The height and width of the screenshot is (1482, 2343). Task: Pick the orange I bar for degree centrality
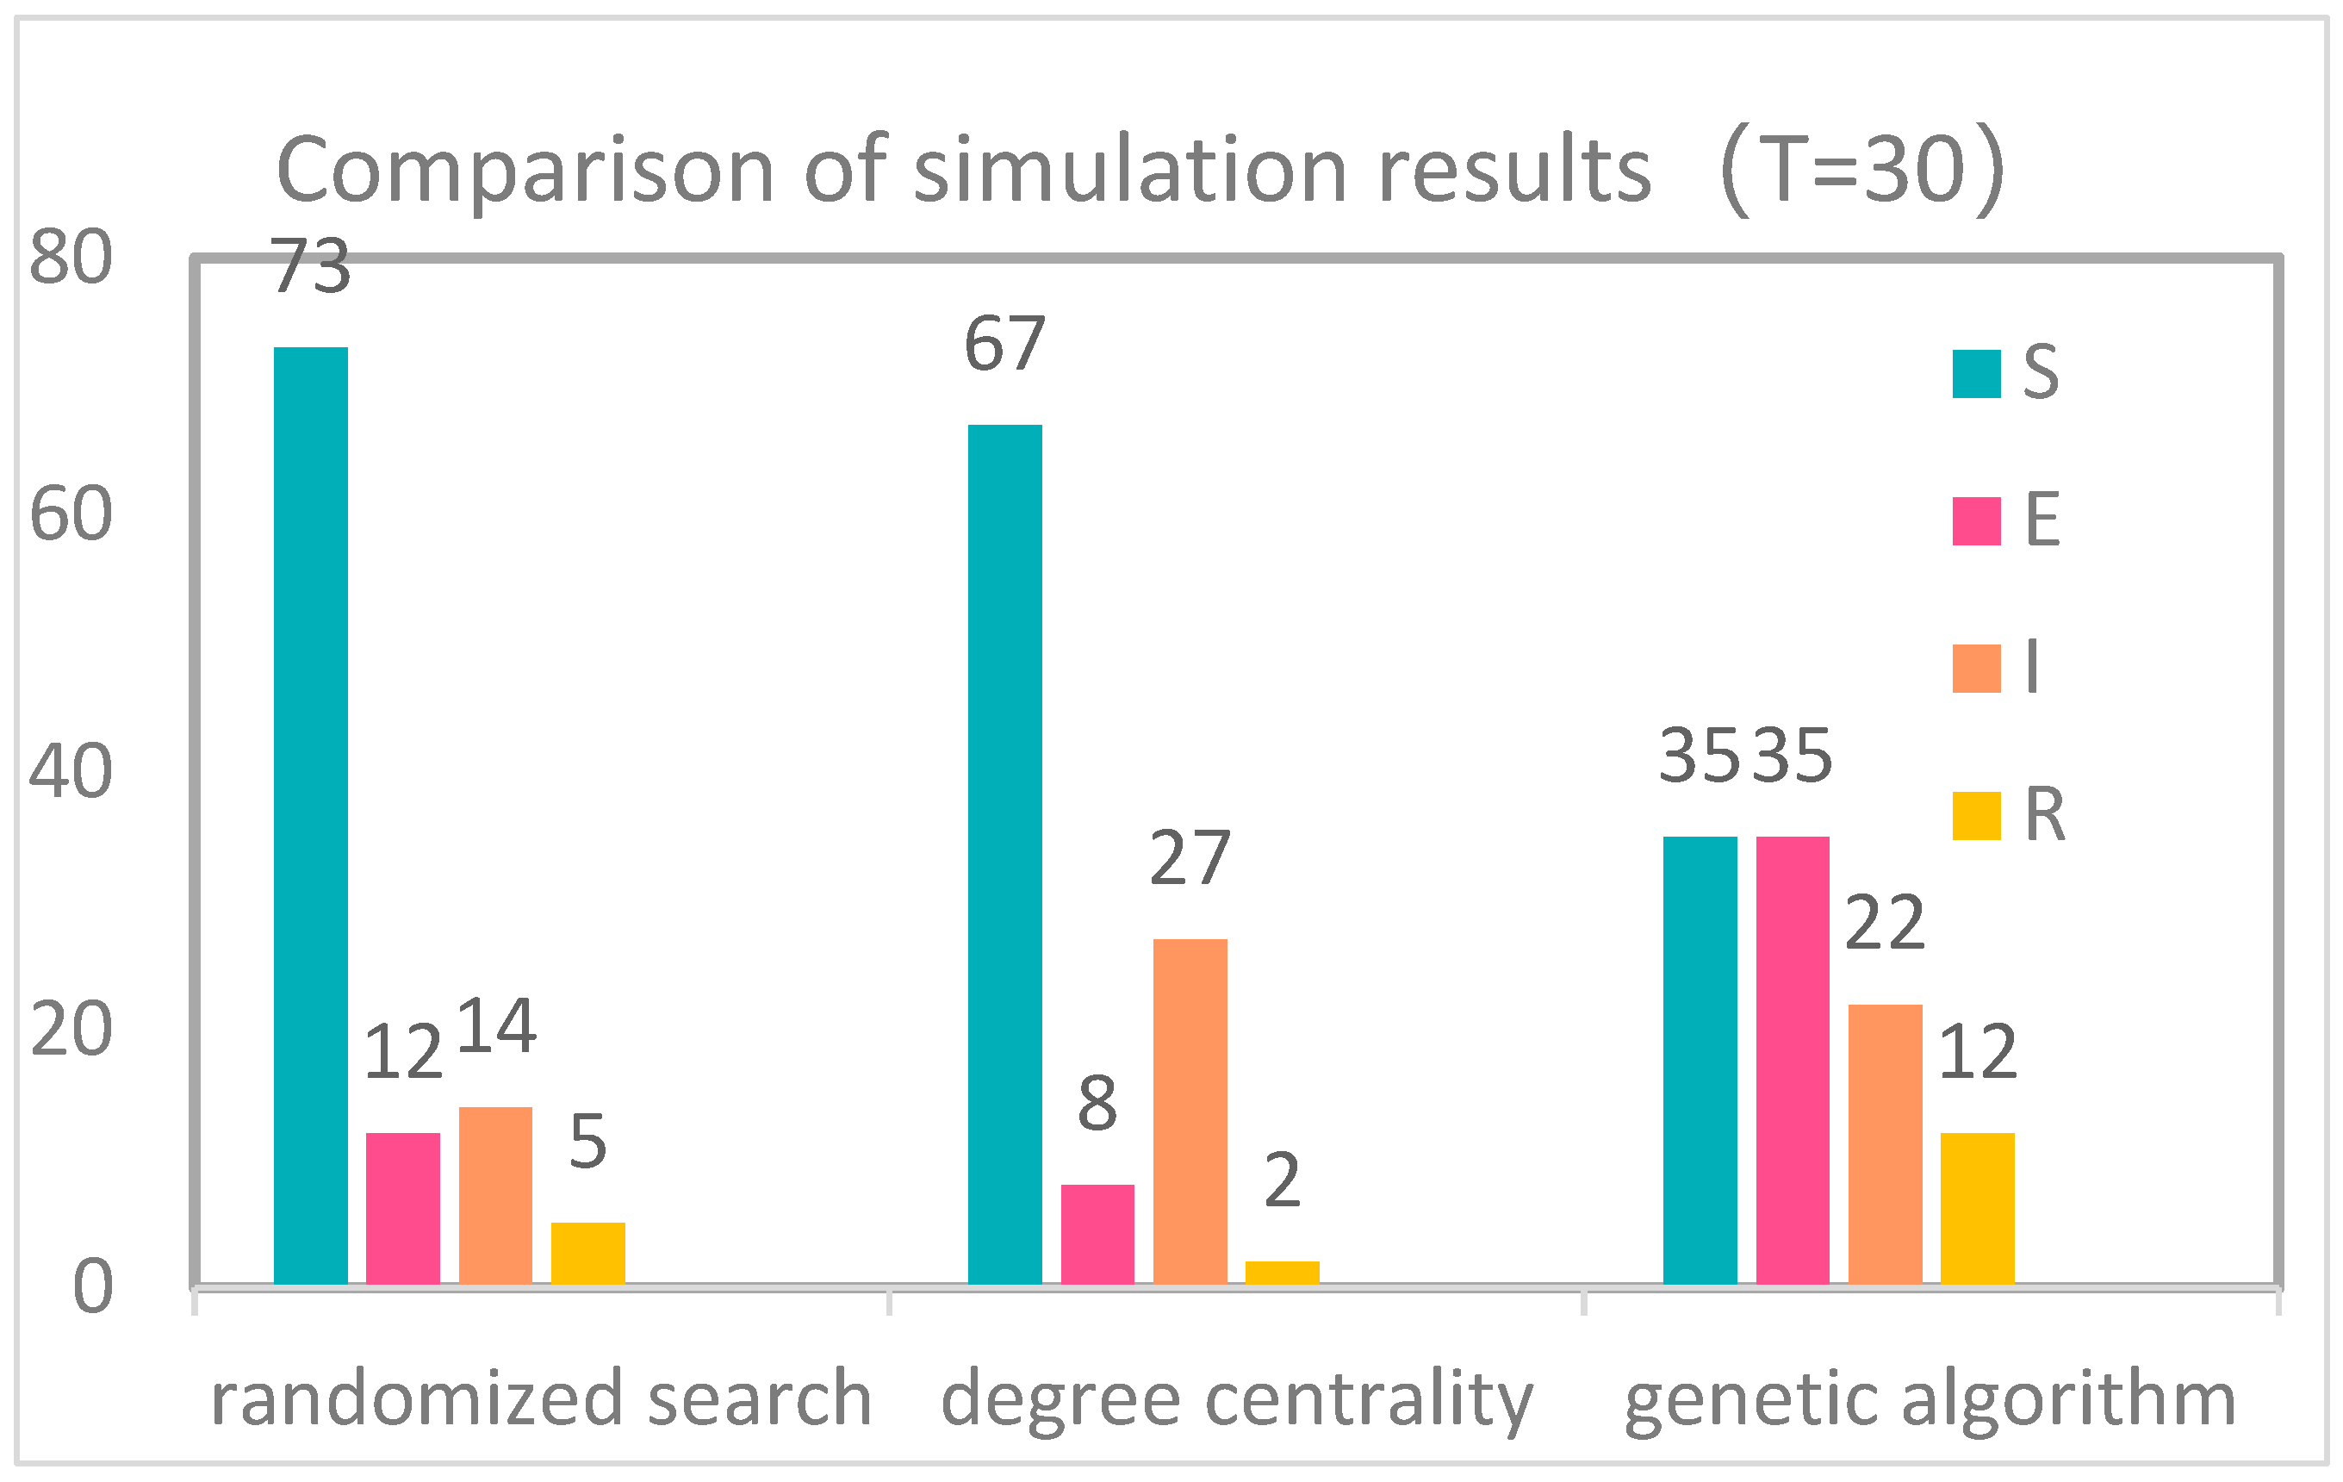pyautogui.click(x=1190, y=1111)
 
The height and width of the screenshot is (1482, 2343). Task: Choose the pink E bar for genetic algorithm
pyautogui.click(x=1793, y=1060)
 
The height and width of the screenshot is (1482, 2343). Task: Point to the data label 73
pyautogui.click(x=310, y=265)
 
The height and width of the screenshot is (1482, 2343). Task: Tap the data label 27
pyautogui.click(x=1190, y=857)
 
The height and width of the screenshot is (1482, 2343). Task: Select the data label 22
pyautogui.click(x=1885, y=923)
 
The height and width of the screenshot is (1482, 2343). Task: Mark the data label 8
pyautogui.click(x=1097, y=1104)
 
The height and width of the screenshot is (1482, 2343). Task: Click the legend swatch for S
pyautogui.click(x=1976, y=374)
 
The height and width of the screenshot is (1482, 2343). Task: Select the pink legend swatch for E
pyautogui.click(x=1976, y=520)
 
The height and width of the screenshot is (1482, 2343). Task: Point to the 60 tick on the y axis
pyautogui.click(x=71, y=514)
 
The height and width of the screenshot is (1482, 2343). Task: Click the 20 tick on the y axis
pyautogui.click(x=71, y=1029)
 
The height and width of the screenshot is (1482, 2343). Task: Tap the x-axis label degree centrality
pyautogui.click(x=1237, y=1398)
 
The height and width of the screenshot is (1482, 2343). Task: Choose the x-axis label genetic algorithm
pyautogui.click(x=1930, y=1398)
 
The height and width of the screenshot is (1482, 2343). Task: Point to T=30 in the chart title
pyautogui.click(x=1863, y=170)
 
